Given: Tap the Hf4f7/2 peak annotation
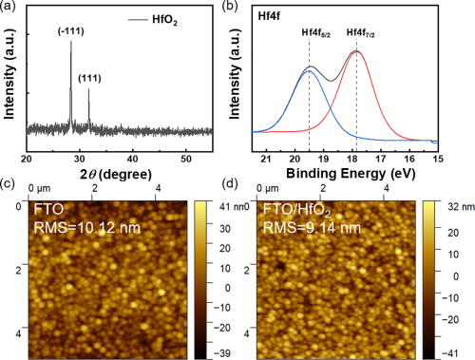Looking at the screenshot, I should pyautogui.click(x=357, y=33).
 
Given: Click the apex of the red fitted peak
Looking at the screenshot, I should pyautogui.click(x=356, y=51).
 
